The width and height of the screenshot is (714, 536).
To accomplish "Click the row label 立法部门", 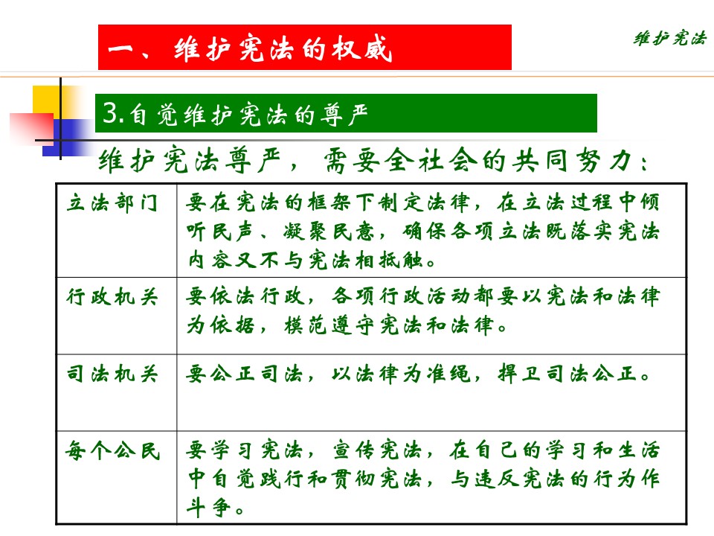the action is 112,202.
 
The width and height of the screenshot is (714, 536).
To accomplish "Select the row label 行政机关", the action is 112,297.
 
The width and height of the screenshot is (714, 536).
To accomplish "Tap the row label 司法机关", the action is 112,374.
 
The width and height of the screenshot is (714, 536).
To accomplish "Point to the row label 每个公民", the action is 112,451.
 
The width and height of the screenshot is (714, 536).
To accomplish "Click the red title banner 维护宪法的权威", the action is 305,48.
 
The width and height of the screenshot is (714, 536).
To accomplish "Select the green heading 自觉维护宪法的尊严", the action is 346,113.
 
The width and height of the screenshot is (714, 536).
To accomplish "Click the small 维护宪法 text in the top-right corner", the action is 670,38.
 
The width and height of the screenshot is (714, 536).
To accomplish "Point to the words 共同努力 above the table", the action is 573,161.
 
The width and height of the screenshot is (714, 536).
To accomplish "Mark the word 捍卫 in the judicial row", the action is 519,374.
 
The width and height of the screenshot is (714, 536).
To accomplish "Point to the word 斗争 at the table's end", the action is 208,508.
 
